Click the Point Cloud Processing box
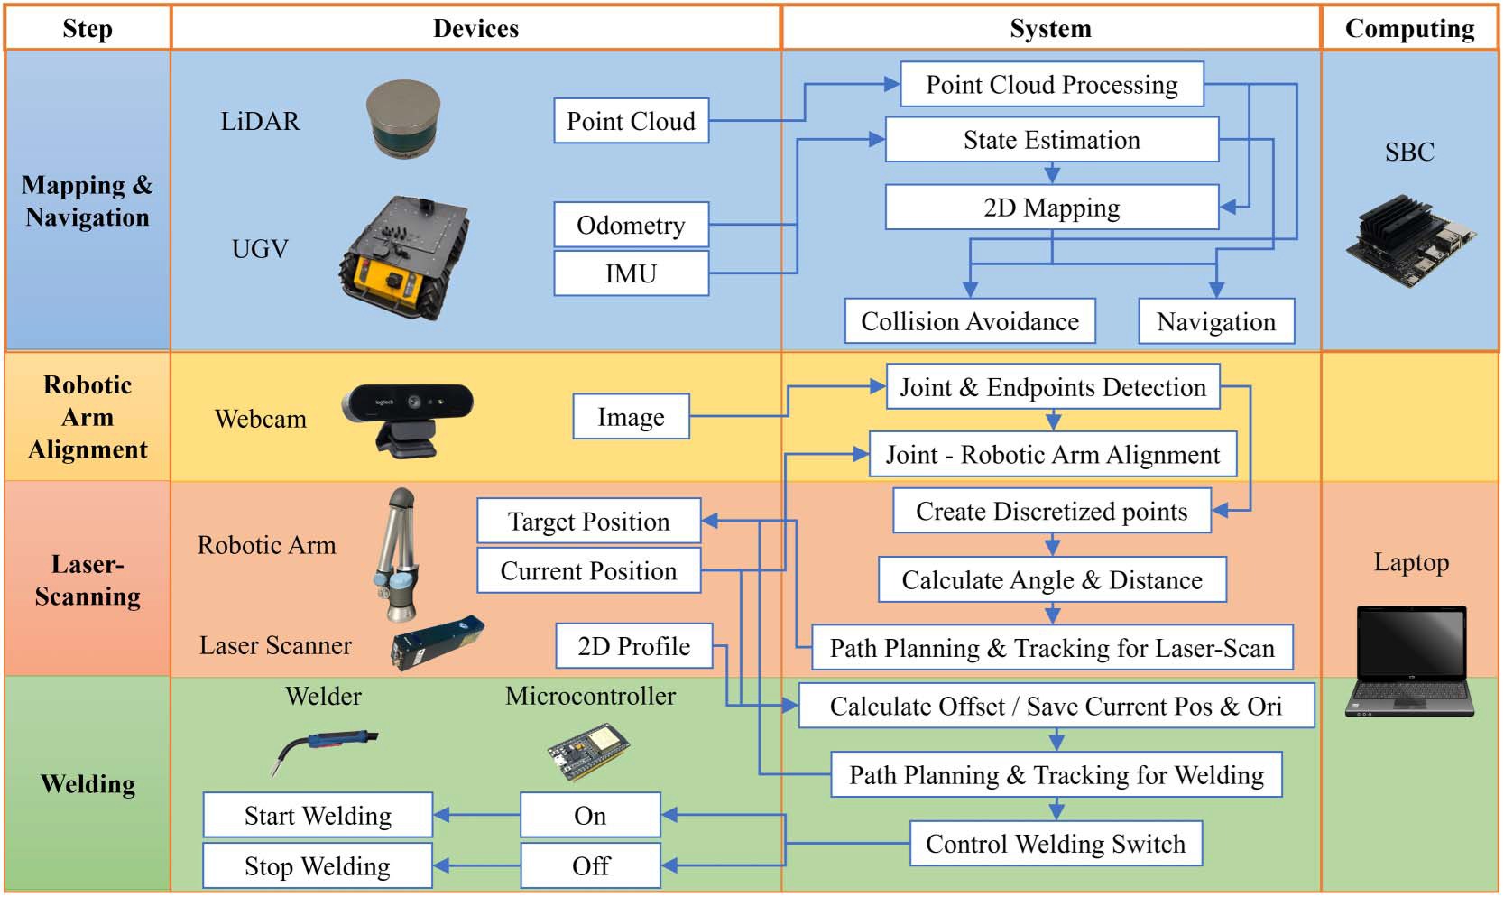pyautogui.click(x=1051, y=85)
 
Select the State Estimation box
pyautogui.click(x=1051, y=140)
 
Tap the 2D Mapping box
pyautogui.click(x=1051, y=208)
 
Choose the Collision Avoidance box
pyautogui.click(x=970, y=321)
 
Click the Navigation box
pyautogui.click(x=1215, y=321)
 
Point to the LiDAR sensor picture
pyautogui.click(x=403, y=117)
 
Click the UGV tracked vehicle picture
pyautogui.click(x=404, y=257)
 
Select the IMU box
pyautogui.click(x=631, y=273)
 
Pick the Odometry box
pyautogui.click(x=631, y=225)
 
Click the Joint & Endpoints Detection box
pyautogui.click(x=1052, y=387)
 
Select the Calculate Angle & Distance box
pyautogui.click(x=1052, y=579)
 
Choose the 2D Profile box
pyautogui.click(x=633, y=646)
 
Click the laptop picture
pyautogui.click(x=1410, y=661)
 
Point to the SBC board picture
pyautogui.click(x=1410, y=240)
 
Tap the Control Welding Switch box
pyautogui.click(x=1055, y=844)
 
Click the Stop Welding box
pyautogui.click(x=318, y=866)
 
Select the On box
pyautogui.click(x=590, y=816)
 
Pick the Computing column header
pyautogui.click(x=1409, y=29)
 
